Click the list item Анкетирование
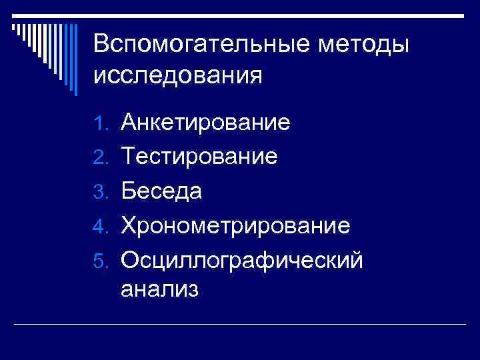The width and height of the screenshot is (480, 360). (205, 123)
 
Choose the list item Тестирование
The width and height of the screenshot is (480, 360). (199, 157)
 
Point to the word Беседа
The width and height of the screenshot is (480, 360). (161, 191)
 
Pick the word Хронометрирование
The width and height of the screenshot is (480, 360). (235, 225)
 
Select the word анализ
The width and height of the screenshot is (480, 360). (160, 291)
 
